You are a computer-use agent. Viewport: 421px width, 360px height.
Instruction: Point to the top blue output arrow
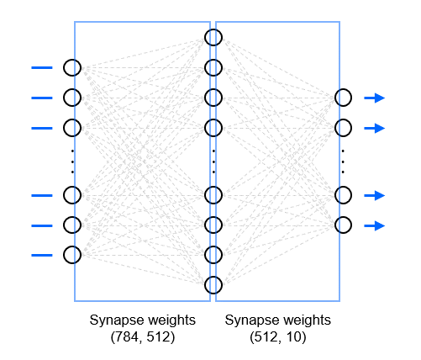[x=375, y=98]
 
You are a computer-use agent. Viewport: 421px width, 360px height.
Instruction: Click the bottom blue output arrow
[x=375, y=225]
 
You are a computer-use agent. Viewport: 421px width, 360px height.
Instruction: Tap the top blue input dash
[x=42, y=67]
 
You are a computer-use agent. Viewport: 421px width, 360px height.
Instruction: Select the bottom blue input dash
[x=42, y=255]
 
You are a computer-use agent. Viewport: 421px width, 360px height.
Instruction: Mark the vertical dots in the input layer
[x=72, y=161]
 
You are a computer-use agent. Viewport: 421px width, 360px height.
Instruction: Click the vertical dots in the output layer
[x=343, y=161]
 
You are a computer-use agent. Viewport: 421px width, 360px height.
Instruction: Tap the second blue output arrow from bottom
[x=375, y=195]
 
